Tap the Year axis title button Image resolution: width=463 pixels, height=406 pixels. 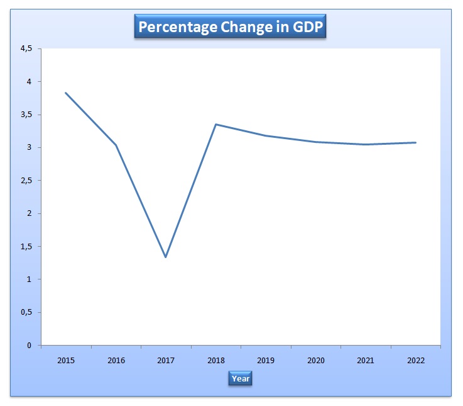click(240, 378)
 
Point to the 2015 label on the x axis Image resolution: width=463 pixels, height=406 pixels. click(66, 361)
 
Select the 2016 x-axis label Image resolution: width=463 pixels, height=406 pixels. click(116, 361)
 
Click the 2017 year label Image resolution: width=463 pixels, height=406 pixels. click(166, 361)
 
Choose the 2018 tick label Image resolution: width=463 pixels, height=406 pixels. click(216, 361)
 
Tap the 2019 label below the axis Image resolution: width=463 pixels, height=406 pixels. click(266, 361)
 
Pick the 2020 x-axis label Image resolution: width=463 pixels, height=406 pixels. click(316, 361)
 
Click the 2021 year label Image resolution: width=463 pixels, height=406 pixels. click(366, 361)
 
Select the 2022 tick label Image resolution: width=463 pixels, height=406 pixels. click(416, 361)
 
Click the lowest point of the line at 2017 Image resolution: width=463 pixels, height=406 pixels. click(166, 257)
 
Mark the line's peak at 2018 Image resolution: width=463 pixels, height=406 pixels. click(216, 125)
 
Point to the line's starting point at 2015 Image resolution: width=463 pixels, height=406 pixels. click(66, 93)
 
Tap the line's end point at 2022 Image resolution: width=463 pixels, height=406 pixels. click(415, 143)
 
